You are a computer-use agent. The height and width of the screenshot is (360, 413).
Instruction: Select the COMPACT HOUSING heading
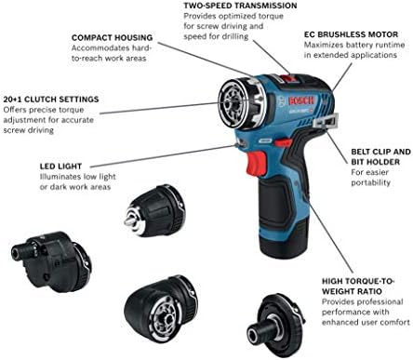click(112, 39)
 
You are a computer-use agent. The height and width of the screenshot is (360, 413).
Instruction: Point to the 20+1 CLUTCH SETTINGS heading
click(51, 97)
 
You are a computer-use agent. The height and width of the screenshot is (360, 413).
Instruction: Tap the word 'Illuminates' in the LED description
click(60, 177)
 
